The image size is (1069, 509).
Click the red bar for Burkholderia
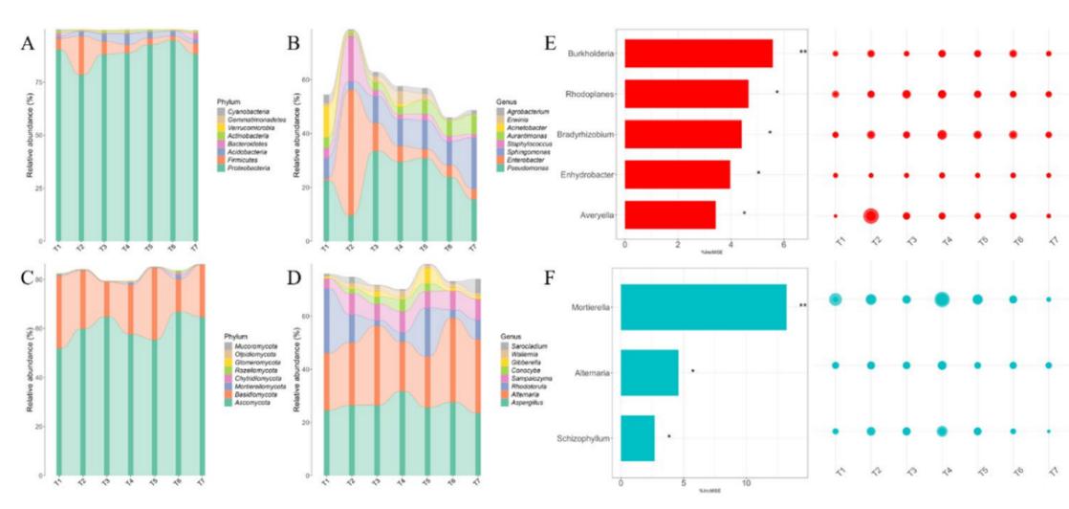click(698, 54)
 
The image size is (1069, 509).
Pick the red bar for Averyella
click(669, 214)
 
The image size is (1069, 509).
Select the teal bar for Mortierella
click(704, 307)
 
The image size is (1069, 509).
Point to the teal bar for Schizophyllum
click(638, 438)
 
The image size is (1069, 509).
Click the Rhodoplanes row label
click(591, 94)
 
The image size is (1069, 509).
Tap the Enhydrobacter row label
click(589, 174)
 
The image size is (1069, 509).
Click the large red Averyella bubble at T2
click(870, 215)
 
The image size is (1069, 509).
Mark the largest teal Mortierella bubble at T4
click(942, 299)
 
